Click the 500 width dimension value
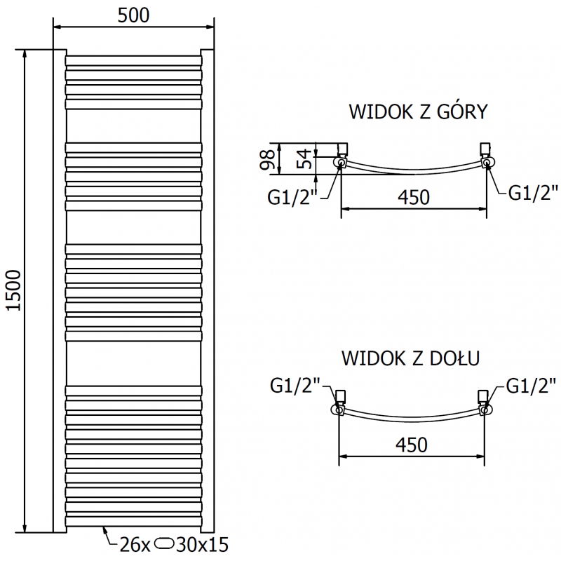click(133, 15)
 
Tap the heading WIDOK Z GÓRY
click(418, 112)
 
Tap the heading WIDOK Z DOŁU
click(410, 358)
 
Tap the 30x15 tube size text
click(205, 543)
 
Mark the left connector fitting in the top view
click(342, 156)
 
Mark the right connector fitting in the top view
click(485, 156)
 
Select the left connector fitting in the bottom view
click(340, 400)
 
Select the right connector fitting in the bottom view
click(484, 400)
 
